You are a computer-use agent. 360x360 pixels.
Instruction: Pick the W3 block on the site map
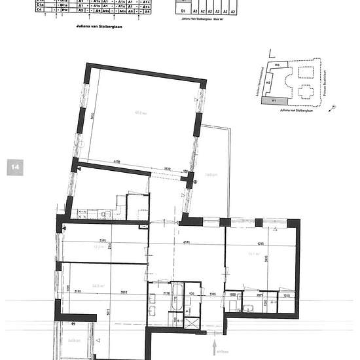click(277, 65)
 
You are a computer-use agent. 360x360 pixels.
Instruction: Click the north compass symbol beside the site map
click(333, 105)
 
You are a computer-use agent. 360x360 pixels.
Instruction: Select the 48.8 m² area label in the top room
click(138, 112)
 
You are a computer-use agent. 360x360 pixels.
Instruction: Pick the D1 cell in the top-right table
click(184, 12)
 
